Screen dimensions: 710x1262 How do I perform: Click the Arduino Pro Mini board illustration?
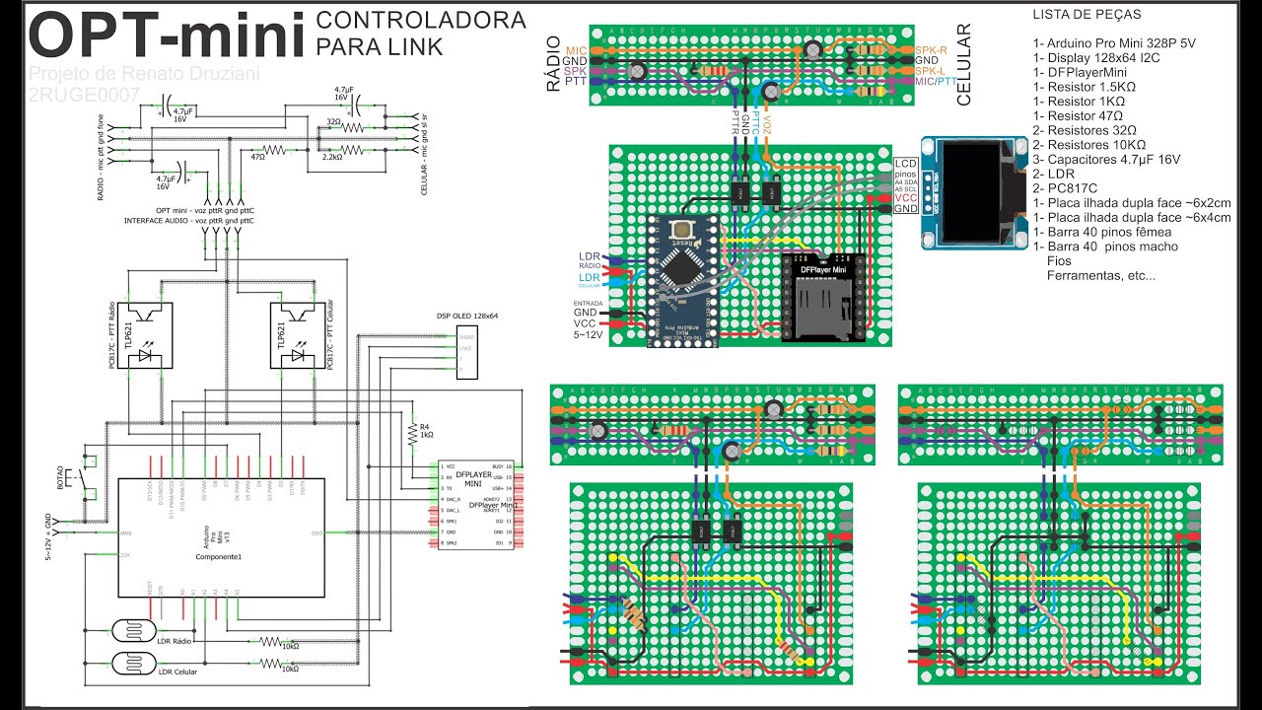(686, 281)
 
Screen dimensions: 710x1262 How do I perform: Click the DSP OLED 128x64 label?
(465, 317)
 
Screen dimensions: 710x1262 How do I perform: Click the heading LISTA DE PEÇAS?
(1087, 15)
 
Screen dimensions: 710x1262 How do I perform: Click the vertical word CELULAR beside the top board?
(964, 64)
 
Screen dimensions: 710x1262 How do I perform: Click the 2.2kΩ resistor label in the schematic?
(331, 156)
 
